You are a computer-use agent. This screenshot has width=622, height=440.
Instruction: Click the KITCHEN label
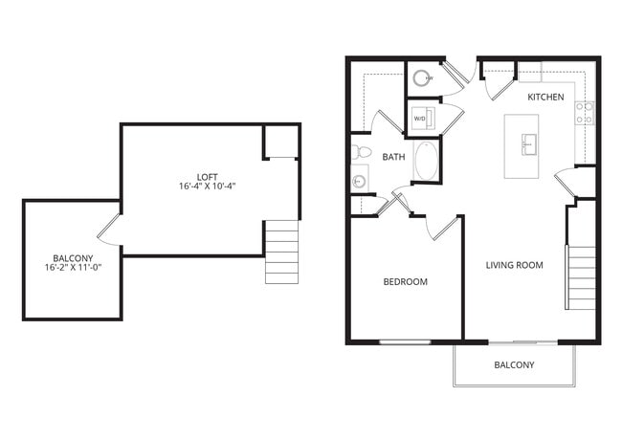pos(546,97)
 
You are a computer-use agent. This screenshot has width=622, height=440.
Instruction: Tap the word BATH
pos(393,156)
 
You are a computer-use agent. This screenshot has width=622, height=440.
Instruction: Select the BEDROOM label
pos(405,282)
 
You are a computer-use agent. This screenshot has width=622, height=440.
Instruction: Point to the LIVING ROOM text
pos(514,265)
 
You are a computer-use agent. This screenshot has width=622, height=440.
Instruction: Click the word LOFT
pos(207,176)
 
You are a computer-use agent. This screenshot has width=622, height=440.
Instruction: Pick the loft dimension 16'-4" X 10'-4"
pos(207,186)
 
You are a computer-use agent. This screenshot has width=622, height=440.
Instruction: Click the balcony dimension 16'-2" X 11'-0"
pos(73,268)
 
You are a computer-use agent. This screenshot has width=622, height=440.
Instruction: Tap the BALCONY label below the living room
pos(514,365)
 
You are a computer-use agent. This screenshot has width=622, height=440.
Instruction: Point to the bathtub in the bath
pos(427,161)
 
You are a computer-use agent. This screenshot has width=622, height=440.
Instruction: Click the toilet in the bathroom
pos(361,152)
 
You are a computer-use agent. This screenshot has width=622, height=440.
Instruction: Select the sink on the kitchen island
pos(528,144)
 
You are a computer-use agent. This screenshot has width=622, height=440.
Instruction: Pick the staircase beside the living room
pos(582,277)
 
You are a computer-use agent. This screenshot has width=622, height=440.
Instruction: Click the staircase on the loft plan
pos(282,252)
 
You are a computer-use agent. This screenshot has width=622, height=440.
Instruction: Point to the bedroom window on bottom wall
pos(405,341)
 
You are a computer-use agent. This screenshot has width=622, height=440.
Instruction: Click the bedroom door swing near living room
pos(442,229)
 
